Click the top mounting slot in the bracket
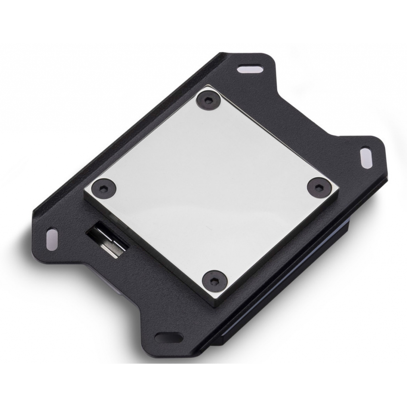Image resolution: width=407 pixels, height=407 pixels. tap(250, 69)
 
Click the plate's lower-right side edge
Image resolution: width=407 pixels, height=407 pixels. tap(278, 254)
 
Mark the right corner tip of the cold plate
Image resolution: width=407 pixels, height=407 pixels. tap(339, 191)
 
